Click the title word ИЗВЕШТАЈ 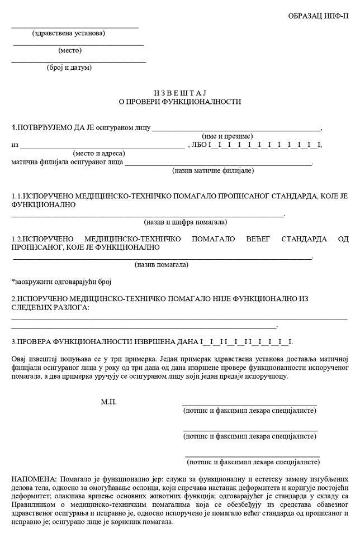pyautogui.click(x=180, y=93)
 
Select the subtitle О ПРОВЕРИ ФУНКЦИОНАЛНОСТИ pyautogui.click(x=180, y=102)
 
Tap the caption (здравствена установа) pyautogui.click(x=69, y=33)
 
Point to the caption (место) pyautogui.click(x=70, y=50)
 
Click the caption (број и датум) pyautogui.click(x=69, y=68)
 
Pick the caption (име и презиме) pyautogui.click(x=227, y=136)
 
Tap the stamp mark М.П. pyautogui.click(x=109, y=402)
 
